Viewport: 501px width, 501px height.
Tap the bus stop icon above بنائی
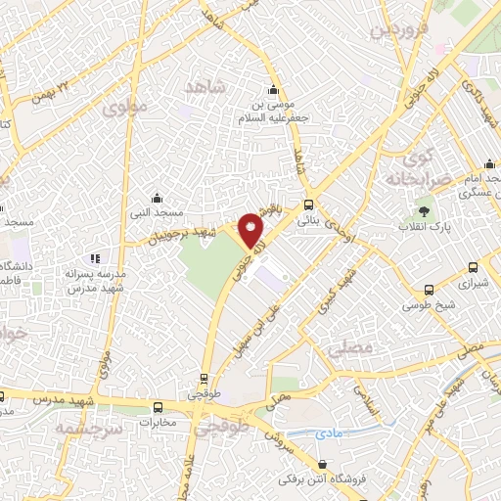pos(309,205)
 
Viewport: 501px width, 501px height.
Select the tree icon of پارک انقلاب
pos(424,210)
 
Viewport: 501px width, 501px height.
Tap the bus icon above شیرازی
pos(474,266)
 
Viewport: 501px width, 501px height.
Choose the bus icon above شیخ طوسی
pos(429,290)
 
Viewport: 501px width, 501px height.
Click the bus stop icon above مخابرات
pos(159,407)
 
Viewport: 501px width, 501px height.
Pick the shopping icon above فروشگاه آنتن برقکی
pos(324,465)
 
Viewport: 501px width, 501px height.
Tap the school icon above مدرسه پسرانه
pos(95,258)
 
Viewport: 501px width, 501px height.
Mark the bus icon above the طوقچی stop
pos(204,378)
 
